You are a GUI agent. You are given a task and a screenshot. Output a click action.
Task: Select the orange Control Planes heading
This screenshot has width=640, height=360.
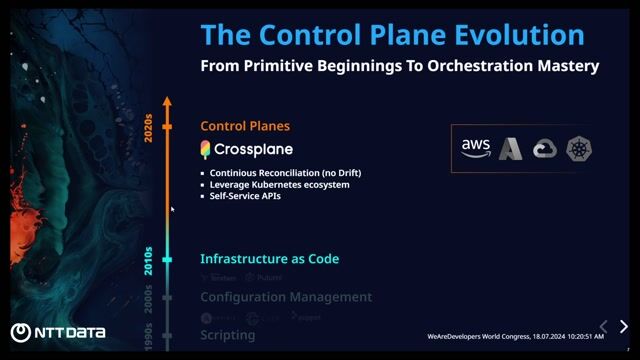[x=245, y=126]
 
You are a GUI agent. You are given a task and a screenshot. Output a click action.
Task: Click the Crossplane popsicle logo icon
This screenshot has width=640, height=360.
[x=205, y=150]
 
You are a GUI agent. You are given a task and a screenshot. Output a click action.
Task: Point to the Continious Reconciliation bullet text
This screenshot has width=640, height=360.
[x=285, y=173]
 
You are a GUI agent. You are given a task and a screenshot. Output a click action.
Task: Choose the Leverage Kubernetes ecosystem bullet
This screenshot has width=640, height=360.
[x=279, y=185]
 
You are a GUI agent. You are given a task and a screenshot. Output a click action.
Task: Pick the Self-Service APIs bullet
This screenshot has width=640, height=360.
[x=245, y=196]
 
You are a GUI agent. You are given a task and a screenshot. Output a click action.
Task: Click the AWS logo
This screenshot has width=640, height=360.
[x=476, y=147]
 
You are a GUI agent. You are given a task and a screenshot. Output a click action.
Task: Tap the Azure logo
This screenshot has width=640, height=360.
[x=511, y=149]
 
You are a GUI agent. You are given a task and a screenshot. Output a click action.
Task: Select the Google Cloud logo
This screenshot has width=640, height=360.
[x=545, y=149]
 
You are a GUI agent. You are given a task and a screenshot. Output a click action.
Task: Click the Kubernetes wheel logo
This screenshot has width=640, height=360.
[x=578, y=149]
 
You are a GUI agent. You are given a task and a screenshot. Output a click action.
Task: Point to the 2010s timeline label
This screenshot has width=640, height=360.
[x=149, y=260]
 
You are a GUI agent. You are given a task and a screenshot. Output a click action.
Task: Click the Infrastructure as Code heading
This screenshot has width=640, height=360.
[x=269, y=259]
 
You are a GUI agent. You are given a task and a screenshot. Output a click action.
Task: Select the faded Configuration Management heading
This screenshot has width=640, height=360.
[x=286, y=297]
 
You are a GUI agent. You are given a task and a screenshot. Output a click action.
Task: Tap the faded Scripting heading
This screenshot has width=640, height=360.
[x=227, y=335]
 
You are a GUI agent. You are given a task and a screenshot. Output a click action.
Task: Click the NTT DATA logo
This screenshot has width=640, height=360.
[x=52, y=333]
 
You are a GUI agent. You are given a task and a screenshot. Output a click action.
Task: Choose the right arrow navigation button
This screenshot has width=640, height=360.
[x=624, y=327]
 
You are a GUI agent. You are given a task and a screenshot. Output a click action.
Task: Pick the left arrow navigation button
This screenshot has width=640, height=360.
[x=602, y=327]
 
